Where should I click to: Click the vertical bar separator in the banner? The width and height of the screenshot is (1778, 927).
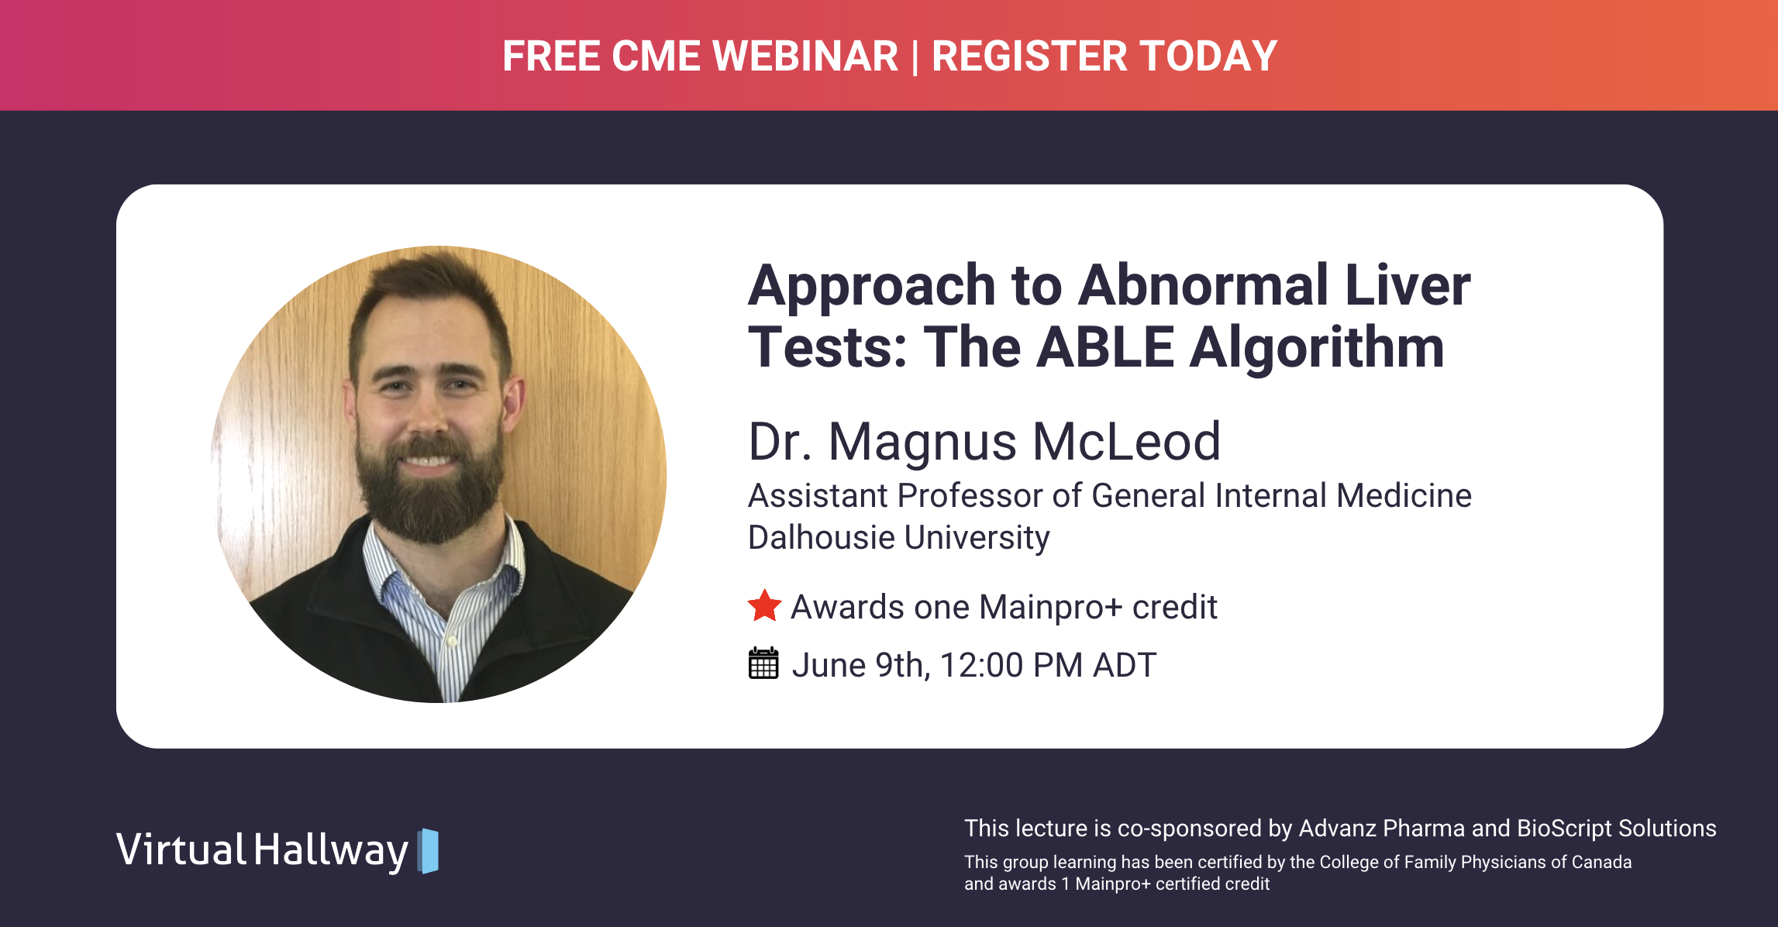[x=915, y=57]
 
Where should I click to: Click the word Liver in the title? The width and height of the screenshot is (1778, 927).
[x=1407, y=285]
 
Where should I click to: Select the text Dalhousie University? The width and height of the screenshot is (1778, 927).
[x=898, y=538]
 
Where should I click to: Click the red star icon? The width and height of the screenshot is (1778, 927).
[x=764, y=606]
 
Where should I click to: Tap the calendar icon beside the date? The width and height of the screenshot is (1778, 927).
[x=763, y=664]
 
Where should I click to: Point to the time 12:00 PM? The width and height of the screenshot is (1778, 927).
[x=1011, y=665]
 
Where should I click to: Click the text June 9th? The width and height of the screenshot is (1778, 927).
[x=858, y=665]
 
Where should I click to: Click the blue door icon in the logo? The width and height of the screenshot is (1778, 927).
[x=429, y=851]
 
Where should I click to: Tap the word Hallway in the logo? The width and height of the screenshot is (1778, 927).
[x=331, y=850]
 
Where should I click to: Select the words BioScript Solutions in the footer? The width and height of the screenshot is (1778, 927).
[x=1616, y=828]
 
